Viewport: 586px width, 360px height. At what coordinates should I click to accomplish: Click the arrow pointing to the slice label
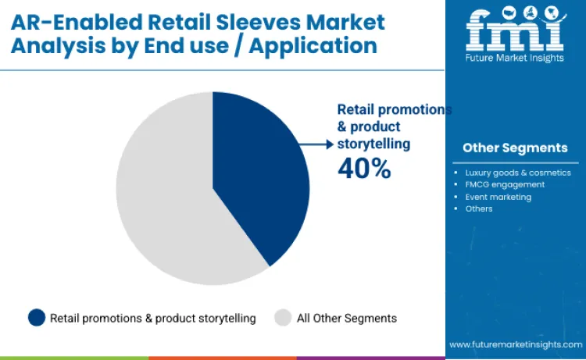pos(317,144)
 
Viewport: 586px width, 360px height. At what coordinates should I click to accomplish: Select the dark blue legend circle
pos(36,318)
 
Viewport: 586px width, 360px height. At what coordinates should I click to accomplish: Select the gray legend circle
pos(283,318)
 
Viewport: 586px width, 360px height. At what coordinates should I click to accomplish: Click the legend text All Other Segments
pos(347,319)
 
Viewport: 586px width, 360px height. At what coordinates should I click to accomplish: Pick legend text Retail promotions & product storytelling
pos(153,319)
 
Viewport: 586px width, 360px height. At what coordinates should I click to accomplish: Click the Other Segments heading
pos(515,148)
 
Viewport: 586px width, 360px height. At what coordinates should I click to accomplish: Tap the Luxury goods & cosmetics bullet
pos(517,173)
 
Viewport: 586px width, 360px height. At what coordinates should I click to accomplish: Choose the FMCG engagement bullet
pos(504,184)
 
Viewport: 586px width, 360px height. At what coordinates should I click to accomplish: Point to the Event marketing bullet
pos(498,197)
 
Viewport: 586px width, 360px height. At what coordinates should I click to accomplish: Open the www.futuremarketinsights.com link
pos(515,344)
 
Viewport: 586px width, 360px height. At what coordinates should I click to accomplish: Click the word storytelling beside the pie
pos(373,144)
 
